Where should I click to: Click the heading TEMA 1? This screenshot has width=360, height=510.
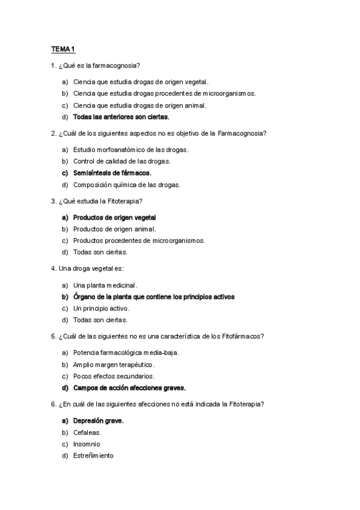point(62,49)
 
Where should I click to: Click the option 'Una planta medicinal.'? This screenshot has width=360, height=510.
point(105,285)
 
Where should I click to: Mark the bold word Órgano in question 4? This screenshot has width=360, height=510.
point(85,296)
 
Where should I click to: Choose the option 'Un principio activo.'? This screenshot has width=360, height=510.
point(101,309)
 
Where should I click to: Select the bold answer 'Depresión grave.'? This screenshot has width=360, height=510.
point(98,421)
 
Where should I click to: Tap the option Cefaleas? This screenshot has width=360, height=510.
point(87,432)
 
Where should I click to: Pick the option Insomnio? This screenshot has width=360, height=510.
point(87,444)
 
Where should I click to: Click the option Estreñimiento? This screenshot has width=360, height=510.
point(93,455)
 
